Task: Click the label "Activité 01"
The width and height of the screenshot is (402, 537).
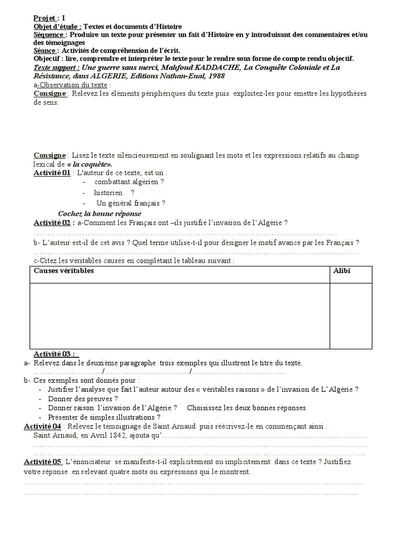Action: (52, 173)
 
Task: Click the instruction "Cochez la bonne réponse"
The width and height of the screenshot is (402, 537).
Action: (99, 213)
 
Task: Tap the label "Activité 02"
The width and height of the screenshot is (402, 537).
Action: (52, 223)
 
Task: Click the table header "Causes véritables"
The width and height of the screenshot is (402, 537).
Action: (64, 271)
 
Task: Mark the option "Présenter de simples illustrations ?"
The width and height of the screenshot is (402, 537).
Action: (107, 417)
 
